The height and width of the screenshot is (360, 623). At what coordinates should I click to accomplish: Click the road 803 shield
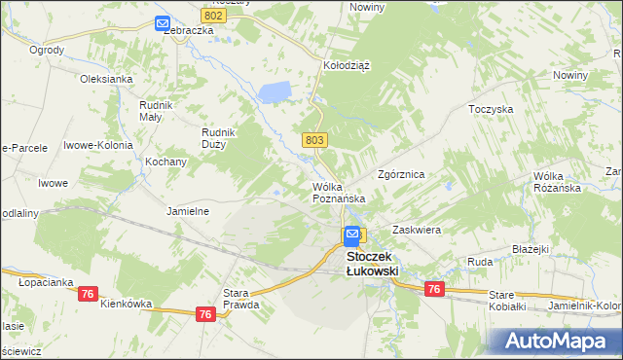coord(313,140)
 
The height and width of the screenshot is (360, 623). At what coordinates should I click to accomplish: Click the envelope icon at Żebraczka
coord(162,23)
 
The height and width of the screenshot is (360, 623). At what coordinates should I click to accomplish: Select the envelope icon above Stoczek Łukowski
coord(351,235)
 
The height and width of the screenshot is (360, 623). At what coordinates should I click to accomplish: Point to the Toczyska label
coord(491,110)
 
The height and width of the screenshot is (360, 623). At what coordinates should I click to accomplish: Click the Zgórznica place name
coord(401,175)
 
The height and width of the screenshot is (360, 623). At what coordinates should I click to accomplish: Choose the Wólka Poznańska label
coord(339,192)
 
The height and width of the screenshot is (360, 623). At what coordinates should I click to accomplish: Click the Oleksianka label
coord(106,79)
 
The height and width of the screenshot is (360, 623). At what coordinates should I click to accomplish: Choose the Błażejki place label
coord(531,249)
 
